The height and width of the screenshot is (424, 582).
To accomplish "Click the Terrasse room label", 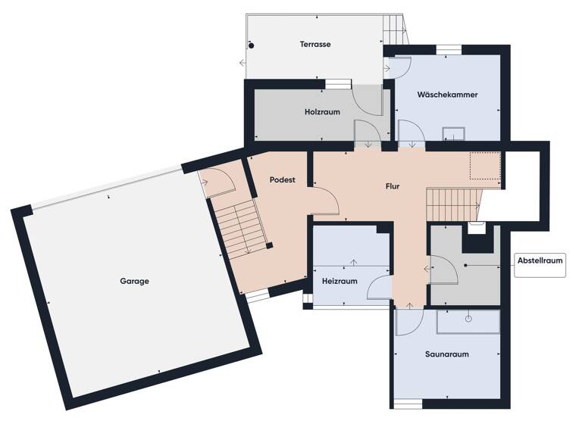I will coord(314,44).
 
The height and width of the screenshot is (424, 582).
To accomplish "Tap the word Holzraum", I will coord(322,111).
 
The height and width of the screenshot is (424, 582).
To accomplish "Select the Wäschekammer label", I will coord(447,95).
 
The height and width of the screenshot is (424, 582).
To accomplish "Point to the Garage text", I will coord(134,281).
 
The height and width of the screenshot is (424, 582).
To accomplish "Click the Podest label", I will coord(282,180).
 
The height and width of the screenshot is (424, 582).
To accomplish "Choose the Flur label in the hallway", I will coord(391,185).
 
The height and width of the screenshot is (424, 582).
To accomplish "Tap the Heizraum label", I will coord(339,280).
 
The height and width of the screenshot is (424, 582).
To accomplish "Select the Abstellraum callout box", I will coord(540,261).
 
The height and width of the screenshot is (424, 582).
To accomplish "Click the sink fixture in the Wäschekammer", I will coord(454,133).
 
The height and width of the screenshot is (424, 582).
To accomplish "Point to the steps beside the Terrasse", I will coord(395,31).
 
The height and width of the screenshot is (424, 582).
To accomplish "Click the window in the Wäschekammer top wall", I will coord(449,50).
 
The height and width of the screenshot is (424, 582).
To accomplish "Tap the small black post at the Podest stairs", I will coord(268,245).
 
